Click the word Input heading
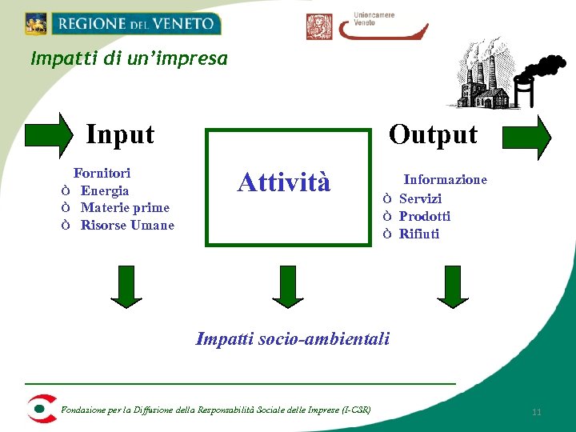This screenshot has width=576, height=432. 120,134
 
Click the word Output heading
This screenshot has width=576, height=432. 433,134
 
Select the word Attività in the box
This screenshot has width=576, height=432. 284,182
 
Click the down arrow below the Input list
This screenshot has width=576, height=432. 126,286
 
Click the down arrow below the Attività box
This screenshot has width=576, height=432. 288,286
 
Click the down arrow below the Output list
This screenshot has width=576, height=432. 453,286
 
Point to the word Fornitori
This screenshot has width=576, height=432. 102,173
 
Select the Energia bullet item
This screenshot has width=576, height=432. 104,190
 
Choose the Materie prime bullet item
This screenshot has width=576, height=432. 125,208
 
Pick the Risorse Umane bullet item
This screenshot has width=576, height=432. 126,226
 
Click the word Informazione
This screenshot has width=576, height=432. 445,180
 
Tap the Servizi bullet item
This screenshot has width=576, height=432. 420,198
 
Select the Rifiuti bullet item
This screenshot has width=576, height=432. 419,234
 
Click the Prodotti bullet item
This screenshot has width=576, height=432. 424,216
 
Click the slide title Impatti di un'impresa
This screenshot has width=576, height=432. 129,59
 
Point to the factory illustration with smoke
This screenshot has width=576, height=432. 504,76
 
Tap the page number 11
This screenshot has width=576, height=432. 537,412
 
